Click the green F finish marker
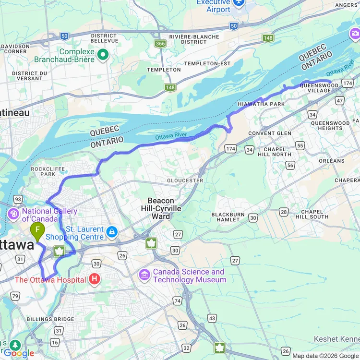(x=37, y=231)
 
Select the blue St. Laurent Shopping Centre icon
(x=111, y=232)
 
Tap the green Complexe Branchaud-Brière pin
(x=102, y=55)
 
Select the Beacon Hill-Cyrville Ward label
(x=161, y=208)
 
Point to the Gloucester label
(x=185, y=180)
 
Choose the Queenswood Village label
(x=315, y=88)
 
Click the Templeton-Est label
(x=207, y=63)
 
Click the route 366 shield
(x=160, y=44)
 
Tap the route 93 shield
(x=18, y=199)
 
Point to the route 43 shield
(x=212, y=318)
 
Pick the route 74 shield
(x=178, y=301)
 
